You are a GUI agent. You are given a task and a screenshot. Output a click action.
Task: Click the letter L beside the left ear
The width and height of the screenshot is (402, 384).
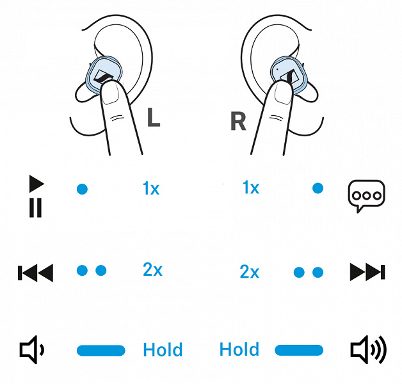point(154,117)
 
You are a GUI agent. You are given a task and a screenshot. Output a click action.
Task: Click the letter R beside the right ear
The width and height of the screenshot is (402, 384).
point(238,121)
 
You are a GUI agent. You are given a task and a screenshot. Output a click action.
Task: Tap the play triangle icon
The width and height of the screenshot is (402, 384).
point(36,184)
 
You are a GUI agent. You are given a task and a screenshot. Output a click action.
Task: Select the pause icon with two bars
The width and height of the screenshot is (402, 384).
point(35,207)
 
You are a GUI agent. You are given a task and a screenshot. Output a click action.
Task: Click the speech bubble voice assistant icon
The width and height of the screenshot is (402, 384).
point(366,196)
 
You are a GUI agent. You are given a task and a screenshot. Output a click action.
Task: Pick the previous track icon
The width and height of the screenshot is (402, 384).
point(36,273)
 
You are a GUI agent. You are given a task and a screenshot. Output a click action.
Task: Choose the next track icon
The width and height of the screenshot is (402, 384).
point(367,272)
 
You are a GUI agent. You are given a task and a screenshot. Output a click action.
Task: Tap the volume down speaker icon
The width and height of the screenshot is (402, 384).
point(32,349)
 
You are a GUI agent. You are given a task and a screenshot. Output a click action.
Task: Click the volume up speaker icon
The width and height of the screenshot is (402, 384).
point(369,349)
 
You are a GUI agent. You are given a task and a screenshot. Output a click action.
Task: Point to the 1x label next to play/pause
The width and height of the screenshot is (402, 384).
point(151,188)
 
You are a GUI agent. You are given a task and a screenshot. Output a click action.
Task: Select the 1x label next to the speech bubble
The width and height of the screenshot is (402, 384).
point(251,187)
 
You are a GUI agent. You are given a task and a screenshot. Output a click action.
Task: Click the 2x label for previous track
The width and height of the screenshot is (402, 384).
point(152,269)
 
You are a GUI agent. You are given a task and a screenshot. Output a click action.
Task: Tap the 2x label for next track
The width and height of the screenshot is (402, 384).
point(250,271)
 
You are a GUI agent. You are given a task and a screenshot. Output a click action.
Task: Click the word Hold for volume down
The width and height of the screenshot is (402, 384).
point(163,349)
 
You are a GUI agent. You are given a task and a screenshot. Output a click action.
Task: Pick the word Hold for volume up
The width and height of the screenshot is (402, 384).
point(239,349)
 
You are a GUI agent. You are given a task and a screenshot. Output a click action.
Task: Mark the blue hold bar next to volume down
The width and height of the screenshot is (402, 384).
point(101,351)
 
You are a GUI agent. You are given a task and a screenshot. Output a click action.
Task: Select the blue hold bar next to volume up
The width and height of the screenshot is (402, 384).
point(299,350)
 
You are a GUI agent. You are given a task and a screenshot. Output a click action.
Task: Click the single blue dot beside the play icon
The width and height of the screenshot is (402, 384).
point(83,189)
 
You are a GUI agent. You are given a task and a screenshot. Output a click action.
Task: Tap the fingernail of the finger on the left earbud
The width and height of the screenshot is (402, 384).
point(111,93)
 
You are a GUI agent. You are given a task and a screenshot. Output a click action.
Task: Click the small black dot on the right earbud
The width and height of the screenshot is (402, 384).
point(278,69)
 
